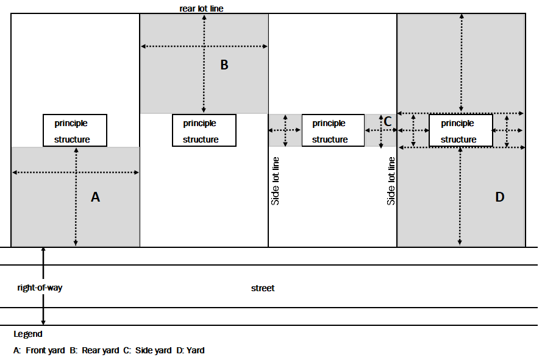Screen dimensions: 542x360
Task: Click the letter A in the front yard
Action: pos(95,197)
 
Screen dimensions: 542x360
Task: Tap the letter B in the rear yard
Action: pos(224,65)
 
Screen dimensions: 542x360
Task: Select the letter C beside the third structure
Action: pos(387,121)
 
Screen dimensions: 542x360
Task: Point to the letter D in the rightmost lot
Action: pos(500,197)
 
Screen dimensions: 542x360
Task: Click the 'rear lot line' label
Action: pos(205,9)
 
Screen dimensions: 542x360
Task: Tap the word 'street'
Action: pos(263,288)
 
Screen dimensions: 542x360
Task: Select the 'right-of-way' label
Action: pos(40,288)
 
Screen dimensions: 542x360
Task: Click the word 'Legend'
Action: pos(28,334)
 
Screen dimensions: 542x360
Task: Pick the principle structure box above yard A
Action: pos(75,130)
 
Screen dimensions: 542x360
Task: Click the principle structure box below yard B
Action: pos(204,130)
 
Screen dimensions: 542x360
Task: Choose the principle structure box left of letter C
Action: pos(333,130)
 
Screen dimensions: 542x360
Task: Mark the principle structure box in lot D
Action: pos(461,130)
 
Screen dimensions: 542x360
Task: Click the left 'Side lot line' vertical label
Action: pos(276,181)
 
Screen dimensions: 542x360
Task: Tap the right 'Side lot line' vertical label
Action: pos(391,181)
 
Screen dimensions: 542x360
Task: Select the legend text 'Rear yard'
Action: pos(101,350)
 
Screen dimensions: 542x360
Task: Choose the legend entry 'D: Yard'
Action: pos(190,350)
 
